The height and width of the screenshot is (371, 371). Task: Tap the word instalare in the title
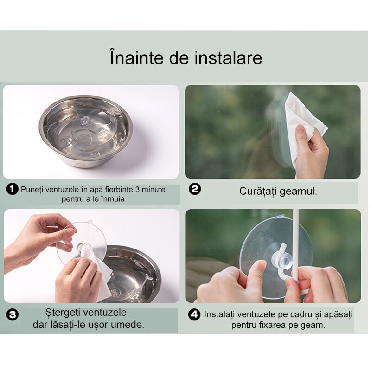(228, 58)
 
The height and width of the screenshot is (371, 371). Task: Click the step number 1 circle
(13, 189)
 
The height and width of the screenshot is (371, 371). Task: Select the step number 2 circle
(195, 189)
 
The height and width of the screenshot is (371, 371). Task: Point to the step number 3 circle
(13, 315)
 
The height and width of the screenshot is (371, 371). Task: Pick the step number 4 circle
(194, 314)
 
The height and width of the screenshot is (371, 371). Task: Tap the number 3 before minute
(137, 190)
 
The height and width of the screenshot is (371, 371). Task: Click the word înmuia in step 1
(113, 199)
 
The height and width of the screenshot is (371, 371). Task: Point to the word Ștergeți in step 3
(63, 313)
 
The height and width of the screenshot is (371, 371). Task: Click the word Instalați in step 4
(219, 314)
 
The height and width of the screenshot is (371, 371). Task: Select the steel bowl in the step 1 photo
(86, 132)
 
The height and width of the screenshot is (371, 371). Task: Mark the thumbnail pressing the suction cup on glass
(262, 264)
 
